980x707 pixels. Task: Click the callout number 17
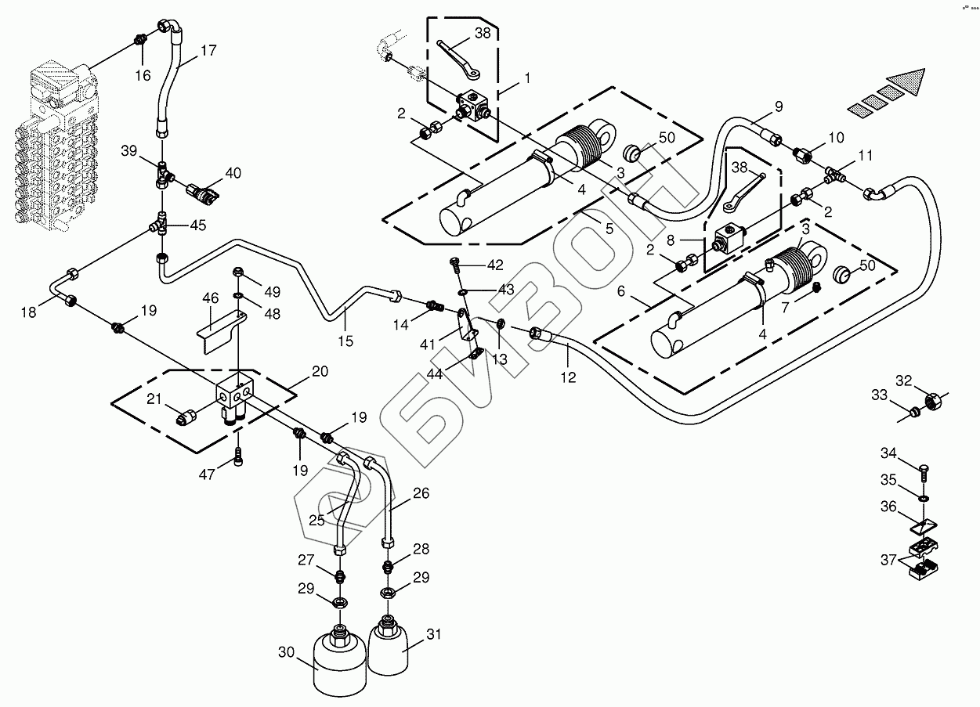pos(208,51)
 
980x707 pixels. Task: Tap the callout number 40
pos(234,172)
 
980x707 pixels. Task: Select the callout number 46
pos(211,298)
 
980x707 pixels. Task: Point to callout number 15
pos(345,341)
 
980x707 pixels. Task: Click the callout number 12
pos(568,377)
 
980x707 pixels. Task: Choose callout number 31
pos(433,635)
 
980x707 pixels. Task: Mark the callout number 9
pos(779,106)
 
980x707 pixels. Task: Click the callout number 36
pos(888,507)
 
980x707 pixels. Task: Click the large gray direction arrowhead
pos(908,81)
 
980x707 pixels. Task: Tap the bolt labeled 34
pos(925,471)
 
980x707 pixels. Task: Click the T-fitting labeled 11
pos(835,175)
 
